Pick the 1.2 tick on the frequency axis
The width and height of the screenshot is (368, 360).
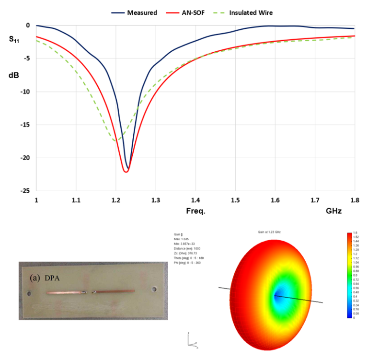pyautogui.click(x=115, y=199)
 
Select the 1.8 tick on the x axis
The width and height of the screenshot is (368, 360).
pyautogui.click(x=354, y=199)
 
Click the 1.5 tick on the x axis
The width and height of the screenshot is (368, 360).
pyautogui.click(x=234, y=199)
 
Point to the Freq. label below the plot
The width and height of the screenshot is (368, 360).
pyautogui.click(x=195, y=211)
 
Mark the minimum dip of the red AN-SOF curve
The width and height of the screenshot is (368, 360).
pyautogui.click(x=126, y=172)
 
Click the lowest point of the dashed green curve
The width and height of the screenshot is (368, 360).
pyautogui.click(x=115, y=141)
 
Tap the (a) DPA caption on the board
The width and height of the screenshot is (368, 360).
pyautogui.click(x=49, y=278)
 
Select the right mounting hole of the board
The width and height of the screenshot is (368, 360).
pyautogui.click(x=154, y=290)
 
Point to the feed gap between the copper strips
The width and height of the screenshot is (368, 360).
pyautogui.click(x=88, y=292)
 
